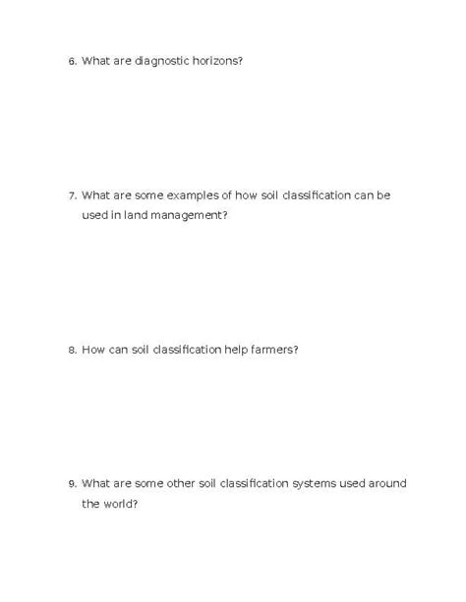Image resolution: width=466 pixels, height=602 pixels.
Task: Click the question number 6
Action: (x=72, y=62)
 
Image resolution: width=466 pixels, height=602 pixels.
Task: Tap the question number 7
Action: (x=72, y=195)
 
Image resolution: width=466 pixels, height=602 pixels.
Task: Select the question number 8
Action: (x=72, y=350)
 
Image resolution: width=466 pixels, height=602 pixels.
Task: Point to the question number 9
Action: (x=72, y=483)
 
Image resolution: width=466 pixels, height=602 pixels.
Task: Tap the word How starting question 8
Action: (x=93, y=349)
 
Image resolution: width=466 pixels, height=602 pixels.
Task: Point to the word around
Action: (x=386, y=482)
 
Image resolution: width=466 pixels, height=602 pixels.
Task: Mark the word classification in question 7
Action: (x=316, y=194)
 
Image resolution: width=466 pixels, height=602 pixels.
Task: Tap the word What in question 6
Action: (x=95, y=61)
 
